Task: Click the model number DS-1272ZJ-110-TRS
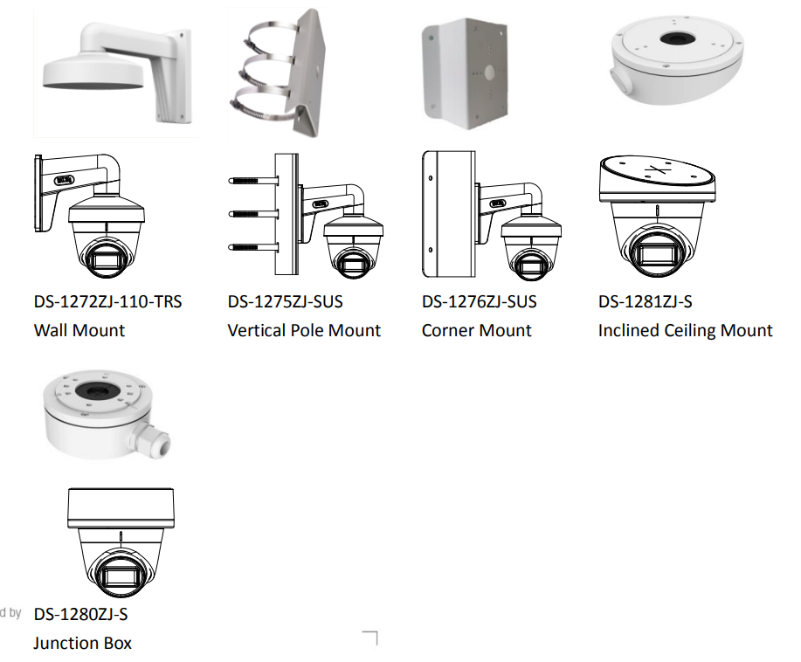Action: pyautogui.click(x=107, y=301)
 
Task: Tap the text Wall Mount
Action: pyautogui.click(x=79, y=330)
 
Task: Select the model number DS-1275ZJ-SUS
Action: pyautogui.click(x=285, y=301)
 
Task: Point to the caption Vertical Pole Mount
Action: pyautogui.click(x=304, y=330)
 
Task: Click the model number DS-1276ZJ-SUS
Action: pyautogui.click(x=480, y=301)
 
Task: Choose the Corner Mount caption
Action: pyautogui.click(x=477, y=330)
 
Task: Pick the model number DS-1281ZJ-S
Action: pyautogui.click(x=646, y=301)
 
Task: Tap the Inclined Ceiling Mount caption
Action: pyautogui.click(x=685, y=330)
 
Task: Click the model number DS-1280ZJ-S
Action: pyautogui.click(x=80, y=614)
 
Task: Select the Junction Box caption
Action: pyautogui.click(x=83, y=643)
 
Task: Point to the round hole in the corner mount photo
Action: pyautogui.click(x=489, y=72)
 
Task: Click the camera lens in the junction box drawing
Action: pyautogui.click(x=121, y=576)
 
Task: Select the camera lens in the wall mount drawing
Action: pyautogui.click(x=107, y=260)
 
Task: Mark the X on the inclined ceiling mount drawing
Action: pyautogui.click(x=657, y=170)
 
